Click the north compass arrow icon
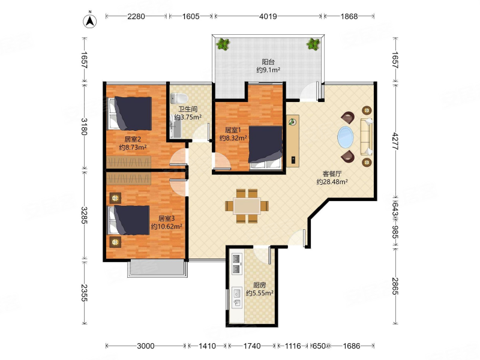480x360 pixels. pyautogui.click(x=89, y=21)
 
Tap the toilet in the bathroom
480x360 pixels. pyautogui.click(x=179, y=98)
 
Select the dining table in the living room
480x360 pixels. pyautogui.click(x=247, y=206)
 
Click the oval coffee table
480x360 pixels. pyautogui.click(x=346, y=137)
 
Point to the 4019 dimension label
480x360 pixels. pyautogui.click(x=268, y=16)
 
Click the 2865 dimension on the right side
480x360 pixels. pyautogui.click(x=395, y=286)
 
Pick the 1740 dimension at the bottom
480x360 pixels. pyautogui.click(x=252, y=346)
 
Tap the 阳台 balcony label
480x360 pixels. pyautogui.click(x=268, y=62)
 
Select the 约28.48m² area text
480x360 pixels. pyautogui.click(x=332, y=182)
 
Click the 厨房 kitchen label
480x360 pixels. pyautogui.click(x=260, y=285)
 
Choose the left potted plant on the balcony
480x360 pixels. pyautogui.click(x=223, y=44)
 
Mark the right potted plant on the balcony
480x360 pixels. pyautogui.click(x=313, y=44)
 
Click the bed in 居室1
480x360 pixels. pyautogui.click(x=265, y=147)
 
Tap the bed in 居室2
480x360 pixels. pyautogui.click(x=130, y=113)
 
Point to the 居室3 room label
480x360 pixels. pyautogui.click(x=167, y=218)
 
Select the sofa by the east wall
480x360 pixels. pyautogui.click(x=367, y=137)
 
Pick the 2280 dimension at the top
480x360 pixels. pyautogui.click(x=136, y=16)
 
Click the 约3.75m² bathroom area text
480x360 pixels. pyautogui.click(x=188, y=117)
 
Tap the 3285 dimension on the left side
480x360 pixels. pyautogui.click(x=84, y=215)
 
